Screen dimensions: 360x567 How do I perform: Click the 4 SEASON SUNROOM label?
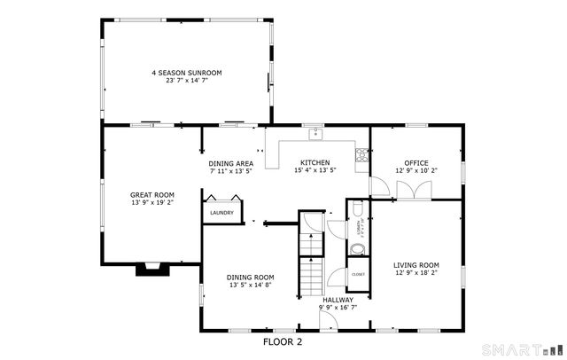[x=186, y=72]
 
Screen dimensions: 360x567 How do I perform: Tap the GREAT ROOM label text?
[x=152, y=194]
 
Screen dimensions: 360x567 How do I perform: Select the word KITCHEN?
[x=315, y=162]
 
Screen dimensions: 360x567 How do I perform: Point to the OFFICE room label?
[x=416, y=162]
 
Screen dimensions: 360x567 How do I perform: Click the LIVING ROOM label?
[x=416, y=265]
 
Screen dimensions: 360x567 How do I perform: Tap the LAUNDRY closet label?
[x=221, y=213]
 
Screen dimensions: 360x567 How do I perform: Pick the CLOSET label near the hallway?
[x=358, y=274]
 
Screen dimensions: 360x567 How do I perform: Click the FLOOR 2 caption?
[x=283, y=340]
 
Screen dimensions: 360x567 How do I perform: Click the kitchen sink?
[x=315, y=135]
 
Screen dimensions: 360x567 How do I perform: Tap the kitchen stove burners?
[x=361, y=156]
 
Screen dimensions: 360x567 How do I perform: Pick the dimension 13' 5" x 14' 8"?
[x=250, y=285]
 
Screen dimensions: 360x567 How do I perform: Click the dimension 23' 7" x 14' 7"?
[x=186, y=81]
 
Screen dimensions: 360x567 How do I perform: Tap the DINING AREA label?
[x=231, y=163]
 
